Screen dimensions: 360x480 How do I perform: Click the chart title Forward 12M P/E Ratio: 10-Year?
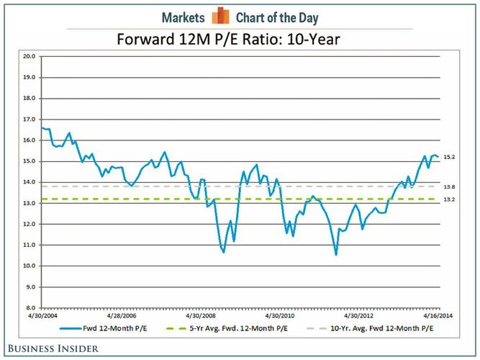240,37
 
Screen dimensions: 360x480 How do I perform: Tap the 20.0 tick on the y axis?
30,55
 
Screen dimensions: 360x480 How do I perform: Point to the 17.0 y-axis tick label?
30,119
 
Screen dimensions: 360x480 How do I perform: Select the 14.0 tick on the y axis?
30,182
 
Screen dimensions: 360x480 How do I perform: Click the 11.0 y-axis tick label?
30,245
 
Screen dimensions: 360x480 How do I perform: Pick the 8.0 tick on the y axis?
30,308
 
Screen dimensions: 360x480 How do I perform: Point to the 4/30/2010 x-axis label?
281,315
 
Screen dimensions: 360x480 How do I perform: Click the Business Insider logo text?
50,348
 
